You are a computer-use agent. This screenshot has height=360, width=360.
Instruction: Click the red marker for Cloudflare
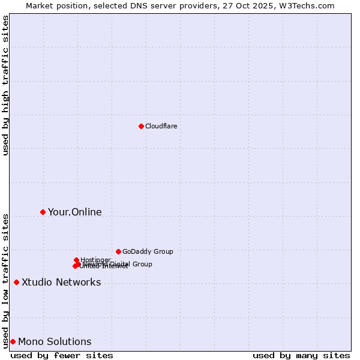point(141,126)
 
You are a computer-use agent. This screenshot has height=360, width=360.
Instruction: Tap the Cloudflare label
point(161,126)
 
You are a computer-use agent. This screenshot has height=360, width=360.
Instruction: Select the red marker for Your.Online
point(43,212)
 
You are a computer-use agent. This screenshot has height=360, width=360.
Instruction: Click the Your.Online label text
point(74,212)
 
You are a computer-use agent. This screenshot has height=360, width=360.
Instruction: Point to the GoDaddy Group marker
point(118,251)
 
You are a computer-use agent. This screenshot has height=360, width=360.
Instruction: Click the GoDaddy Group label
point(148,252)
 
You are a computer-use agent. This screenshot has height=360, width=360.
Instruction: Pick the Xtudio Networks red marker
point(16,282)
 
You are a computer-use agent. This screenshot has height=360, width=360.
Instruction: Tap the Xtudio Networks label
point(61,282)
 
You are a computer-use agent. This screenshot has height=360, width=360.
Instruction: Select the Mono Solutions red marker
point(13,341)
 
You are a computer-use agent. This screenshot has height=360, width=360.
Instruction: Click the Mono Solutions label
point(55,341)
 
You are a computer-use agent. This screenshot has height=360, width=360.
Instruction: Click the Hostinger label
point(95,259)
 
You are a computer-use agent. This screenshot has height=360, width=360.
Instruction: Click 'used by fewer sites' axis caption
point(62,355)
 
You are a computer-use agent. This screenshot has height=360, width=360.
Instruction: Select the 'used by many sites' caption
point(301,355)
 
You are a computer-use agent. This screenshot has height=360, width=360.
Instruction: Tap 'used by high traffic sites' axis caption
point(6,85)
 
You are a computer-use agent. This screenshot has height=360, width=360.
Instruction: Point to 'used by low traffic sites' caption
point(6,280)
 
